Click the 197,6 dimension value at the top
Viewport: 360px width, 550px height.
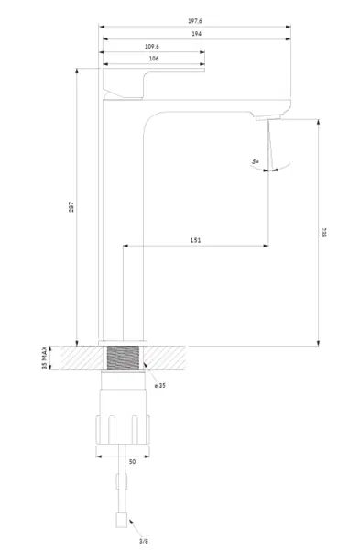tap(195, 21)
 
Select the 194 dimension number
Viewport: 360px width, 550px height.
tap(196, 34)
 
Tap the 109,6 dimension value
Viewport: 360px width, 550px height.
tap(152, 47)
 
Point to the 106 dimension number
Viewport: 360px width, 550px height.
tap(154, 59)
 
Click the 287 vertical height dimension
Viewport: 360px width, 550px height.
tap(71, 207)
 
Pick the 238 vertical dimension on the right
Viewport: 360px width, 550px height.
tap(323, 233)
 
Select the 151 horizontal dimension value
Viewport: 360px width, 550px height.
tap(196, 240)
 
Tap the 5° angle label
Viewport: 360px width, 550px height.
tap(256, 162)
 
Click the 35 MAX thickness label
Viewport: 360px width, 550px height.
tap(45, 357)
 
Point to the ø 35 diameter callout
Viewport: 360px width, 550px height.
tap(159, 386)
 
